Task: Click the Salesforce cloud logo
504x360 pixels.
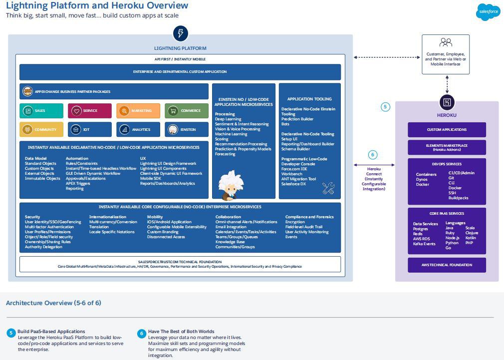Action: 488,11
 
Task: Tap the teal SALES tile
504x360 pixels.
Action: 42,111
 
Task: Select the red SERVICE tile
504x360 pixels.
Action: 90,111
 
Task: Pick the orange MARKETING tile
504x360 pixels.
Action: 138,111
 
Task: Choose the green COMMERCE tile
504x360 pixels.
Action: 187,111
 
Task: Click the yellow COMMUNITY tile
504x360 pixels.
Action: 42,129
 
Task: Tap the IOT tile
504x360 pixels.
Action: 90,129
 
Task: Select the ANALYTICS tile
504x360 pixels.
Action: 138,129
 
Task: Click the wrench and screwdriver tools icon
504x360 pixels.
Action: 328,188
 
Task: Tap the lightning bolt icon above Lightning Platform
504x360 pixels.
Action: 180,34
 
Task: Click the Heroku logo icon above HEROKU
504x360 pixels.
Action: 447,103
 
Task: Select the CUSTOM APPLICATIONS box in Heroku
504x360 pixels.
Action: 447,130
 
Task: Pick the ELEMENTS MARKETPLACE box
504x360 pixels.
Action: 447,147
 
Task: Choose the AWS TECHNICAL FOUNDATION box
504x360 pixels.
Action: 447,265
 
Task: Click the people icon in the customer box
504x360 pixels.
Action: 446,43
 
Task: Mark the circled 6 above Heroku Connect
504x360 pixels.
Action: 372,155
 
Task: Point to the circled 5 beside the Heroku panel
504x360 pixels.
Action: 385,106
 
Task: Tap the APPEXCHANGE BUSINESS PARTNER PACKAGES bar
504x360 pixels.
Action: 114,91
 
